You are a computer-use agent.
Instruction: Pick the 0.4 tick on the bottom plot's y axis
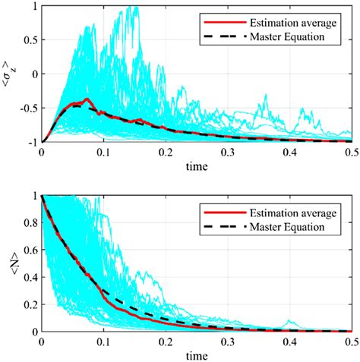[x=30, y=277]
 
